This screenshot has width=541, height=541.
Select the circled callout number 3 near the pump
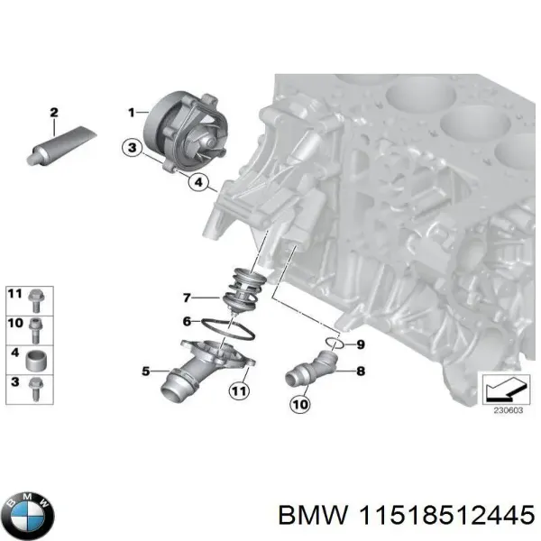132,148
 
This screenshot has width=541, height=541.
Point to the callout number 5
146,370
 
